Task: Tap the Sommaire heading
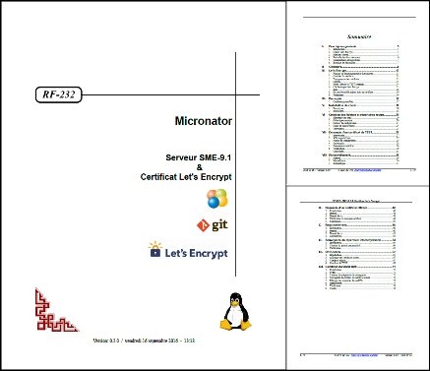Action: coord(357,31)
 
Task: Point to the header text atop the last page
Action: coord(357,200)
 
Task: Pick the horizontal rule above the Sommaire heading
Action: coord(357,18)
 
